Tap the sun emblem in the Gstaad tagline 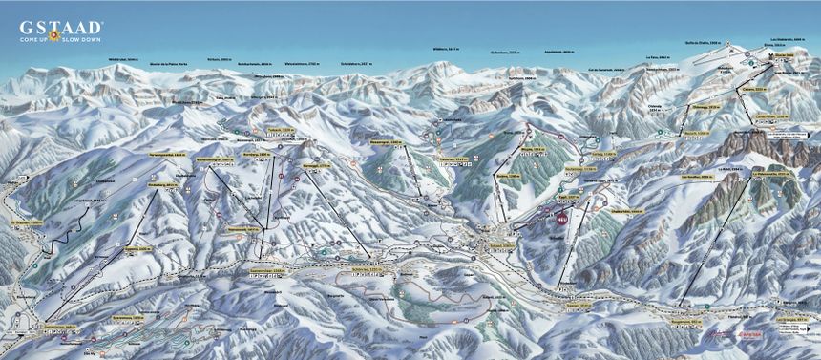(x=54, y=37)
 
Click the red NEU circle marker (x=561, y=218)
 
